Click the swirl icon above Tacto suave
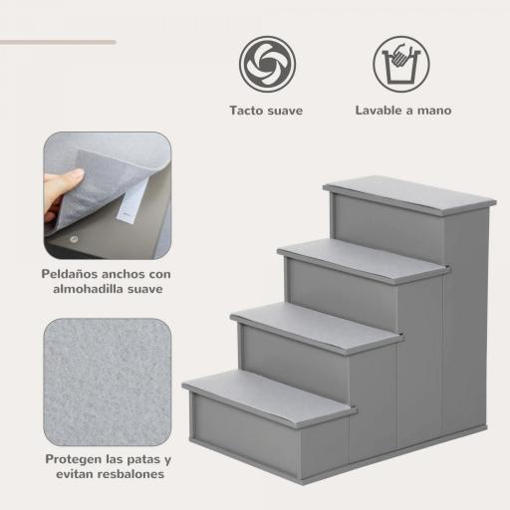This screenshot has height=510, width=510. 266,65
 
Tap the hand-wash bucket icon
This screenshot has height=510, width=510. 402,65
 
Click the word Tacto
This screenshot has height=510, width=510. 247,111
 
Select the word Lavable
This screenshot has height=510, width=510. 382,111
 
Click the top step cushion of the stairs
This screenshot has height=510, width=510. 408,193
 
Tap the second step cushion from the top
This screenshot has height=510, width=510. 363,259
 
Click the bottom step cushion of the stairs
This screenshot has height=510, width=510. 269,392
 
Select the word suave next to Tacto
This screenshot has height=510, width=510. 286,111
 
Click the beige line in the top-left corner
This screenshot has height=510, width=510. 57,42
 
